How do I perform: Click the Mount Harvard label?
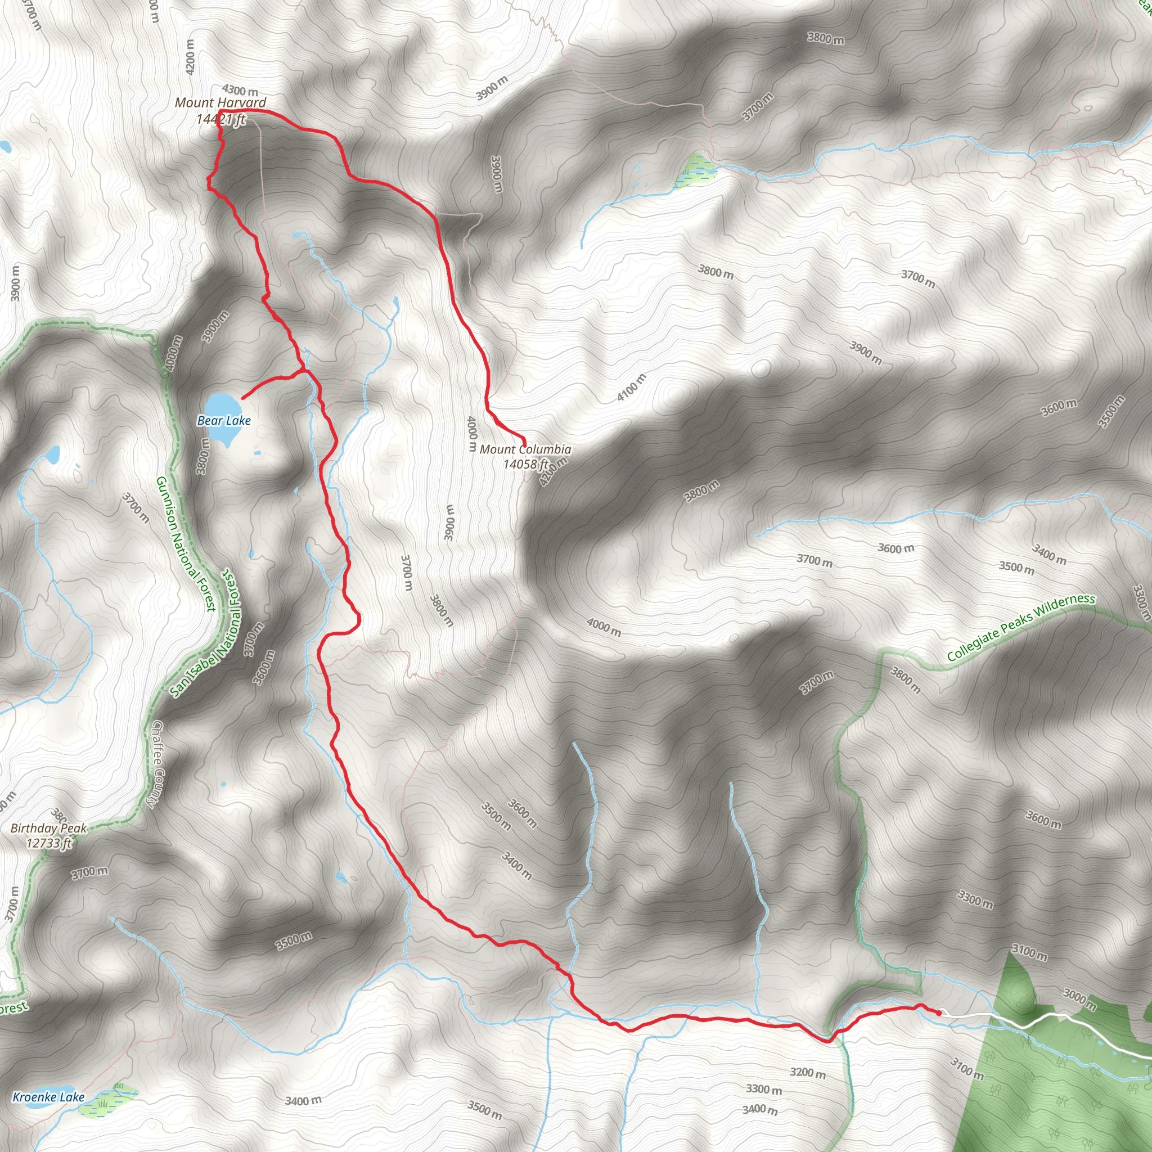pos(220,102)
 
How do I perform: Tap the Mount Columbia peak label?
pos(525,449)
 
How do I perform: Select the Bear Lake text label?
pos(224,420)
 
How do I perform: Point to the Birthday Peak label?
pos(48,827)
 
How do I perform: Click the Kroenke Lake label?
pos(48,1096)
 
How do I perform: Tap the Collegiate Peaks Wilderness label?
pos(1021,627)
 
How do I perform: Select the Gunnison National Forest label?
pos(185,544)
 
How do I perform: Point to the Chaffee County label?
pos(157,764)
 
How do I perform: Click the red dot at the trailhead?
pos(939,1012)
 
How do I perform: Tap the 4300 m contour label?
pos(240,91)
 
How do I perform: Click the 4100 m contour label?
pos(632,387)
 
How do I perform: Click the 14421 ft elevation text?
pos(220,119)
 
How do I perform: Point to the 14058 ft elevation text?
pos(525,464)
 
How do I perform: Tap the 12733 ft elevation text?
pos(49,843)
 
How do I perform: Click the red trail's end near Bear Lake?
pos(242,398)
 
